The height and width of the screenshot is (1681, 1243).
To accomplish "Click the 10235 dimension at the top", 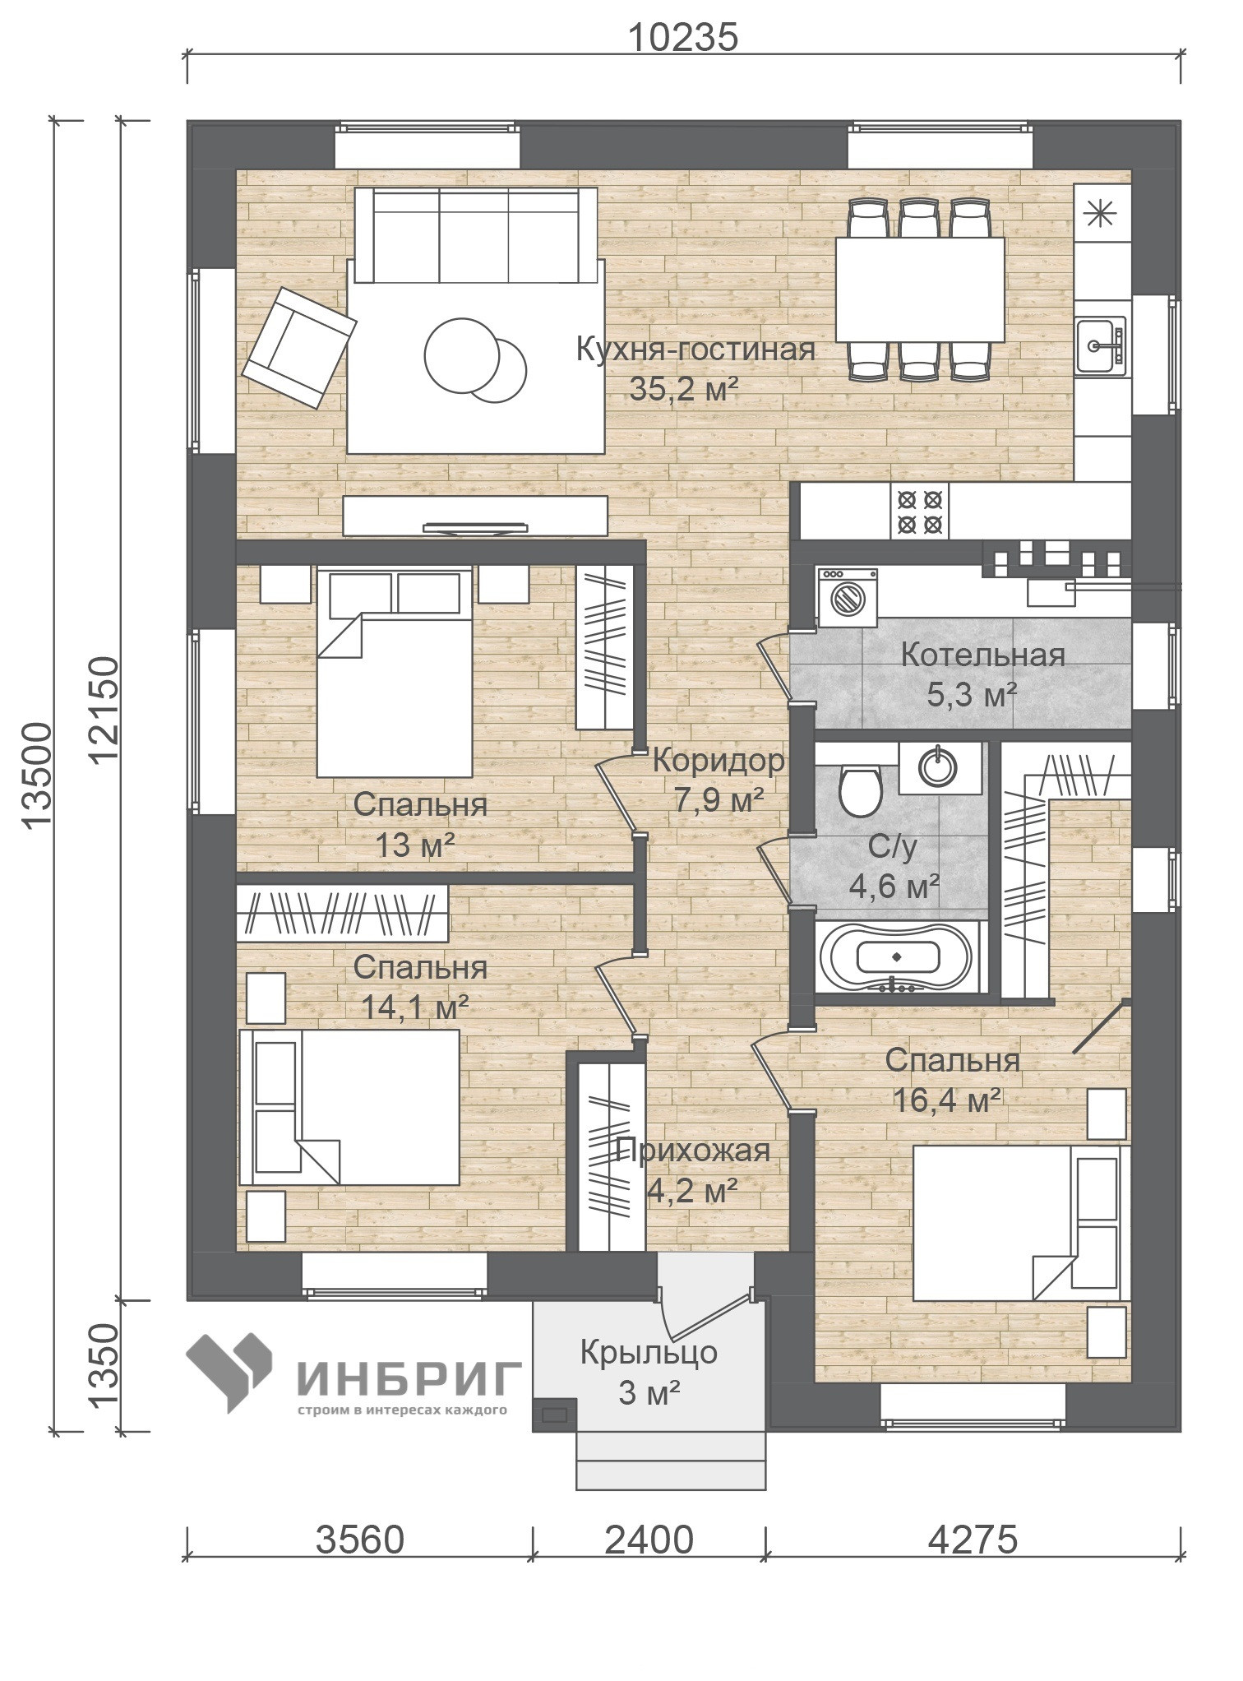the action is pos(683,38).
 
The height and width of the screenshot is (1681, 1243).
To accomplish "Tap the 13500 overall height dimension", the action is pos(37,776).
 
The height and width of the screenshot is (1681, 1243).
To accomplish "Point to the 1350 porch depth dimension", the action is pos(104,1366).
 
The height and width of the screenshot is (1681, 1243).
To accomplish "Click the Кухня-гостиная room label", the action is pos(695,350).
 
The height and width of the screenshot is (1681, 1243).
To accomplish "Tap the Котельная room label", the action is pos(982,655).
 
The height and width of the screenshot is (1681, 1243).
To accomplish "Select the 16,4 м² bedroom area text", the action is pos(947,1100).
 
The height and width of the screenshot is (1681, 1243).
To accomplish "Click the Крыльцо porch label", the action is pos(649,1353).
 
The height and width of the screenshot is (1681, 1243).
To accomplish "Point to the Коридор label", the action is pos(719,761).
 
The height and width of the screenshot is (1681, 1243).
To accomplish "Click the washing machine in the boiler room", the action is pos(848,592).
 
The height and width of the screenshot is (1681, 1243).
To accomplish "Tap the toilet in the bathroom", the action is pos(860,790).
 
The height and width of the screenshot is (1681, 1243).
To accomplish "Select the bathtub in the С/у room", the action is pos(900,956).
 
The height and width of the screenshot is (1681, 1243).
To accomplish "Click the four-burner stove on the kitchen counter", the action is pos(919,511).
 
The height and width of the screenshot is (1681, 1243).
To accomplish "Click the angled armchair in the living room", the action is pos(299,347).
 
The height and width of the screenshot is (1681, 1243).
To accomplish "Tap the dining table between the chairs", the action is pos(920,289).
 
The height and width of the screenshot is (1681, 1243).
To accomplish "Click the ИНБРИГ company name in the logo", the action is pos(409,1378).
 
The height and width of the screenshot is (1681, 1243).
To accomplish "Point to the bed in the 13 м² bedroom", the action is pos(395,673).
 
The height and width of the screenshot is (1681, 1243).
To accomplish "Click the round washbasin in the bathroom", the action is pos(938,766).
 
